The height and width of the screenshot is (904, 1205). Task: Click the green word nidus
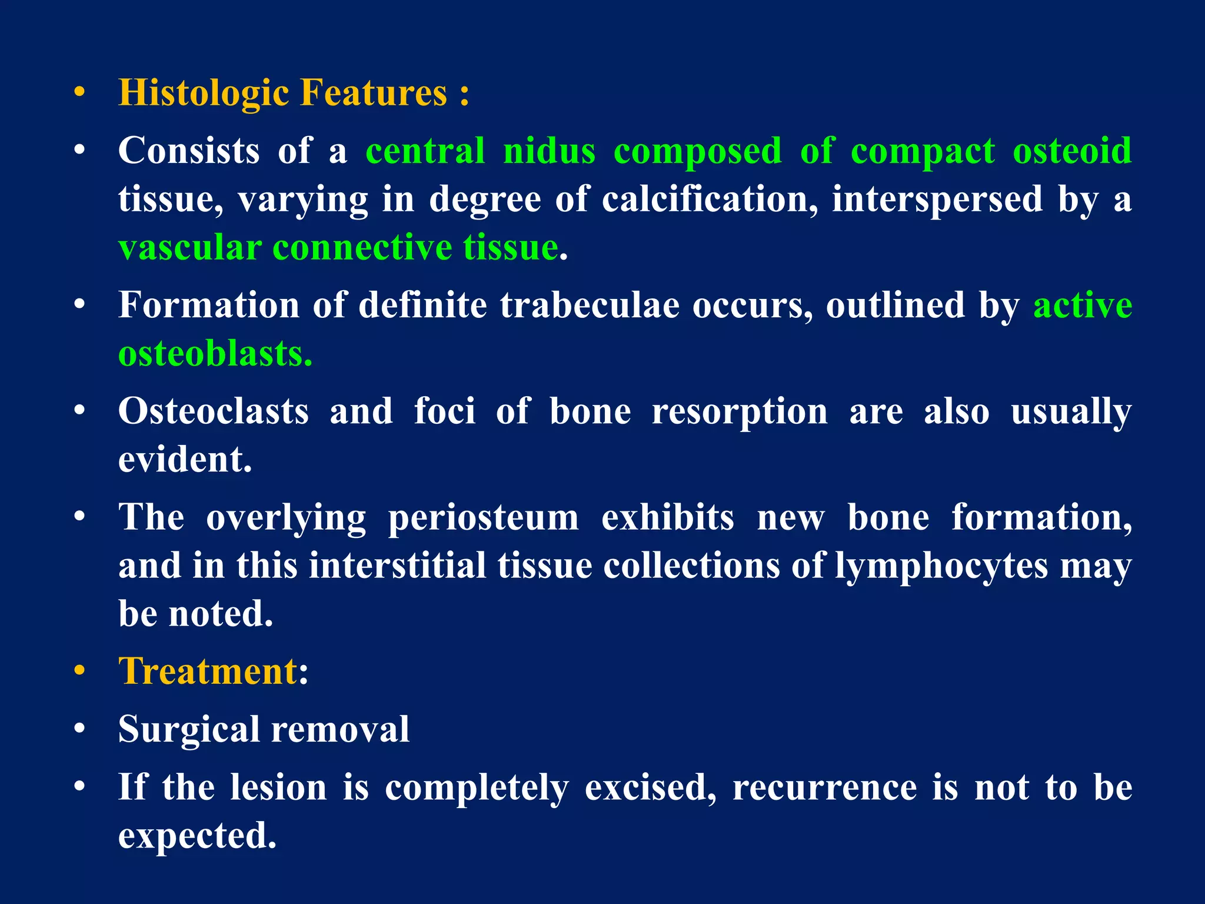[x=549, y=151]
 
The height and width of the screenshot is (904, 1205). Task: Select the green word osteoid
[x=1071, y=151]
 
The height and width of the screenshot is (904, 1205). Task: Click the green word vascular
[x=190, y=247]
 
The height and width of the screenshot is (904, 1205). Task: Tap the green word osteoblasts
[x=215, y=353]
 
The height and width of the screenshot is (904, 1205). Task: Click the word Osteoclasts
[x=213, y=411]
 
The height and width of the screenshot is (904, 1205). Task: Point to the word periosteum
[x=482, y=517]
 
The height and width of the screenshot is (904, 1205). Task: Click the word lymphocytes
[x=941, y=566]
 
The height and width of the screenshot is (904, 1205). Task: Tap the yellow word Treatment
[x=208, y=671]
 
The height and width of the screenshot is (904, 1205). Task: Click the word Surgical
[x=189, y=729]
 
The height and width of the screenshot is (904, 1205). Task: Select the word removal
[x=340, y=729]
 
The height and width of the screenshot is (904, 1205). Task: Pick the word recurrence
[x=824, y=787]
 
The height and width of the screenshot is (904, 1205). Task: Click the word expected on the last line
[x=197, y=836]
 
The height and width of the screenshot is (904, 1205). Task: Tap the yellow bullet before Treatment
[x=79, y=672]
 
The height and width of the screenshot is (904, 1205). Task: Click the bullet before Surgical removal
[x=79, y=730]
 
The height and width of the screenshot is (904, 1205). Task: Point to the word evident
[x=185, y=459]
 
